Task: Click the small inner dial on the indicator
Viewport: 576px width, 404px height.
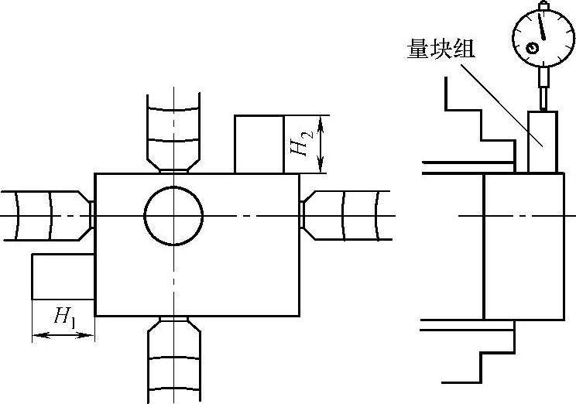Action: [533, 49]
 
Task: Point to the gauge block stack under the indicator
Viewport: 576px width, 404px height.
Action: [542, 142]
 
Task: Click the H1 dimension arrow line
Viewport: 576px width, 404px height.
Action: [63, 334]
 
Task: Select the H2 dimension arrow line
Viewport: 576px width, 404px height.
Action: [319, 144]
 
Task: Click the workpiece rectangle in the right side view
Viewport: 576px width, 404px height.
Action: [524, 246]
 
